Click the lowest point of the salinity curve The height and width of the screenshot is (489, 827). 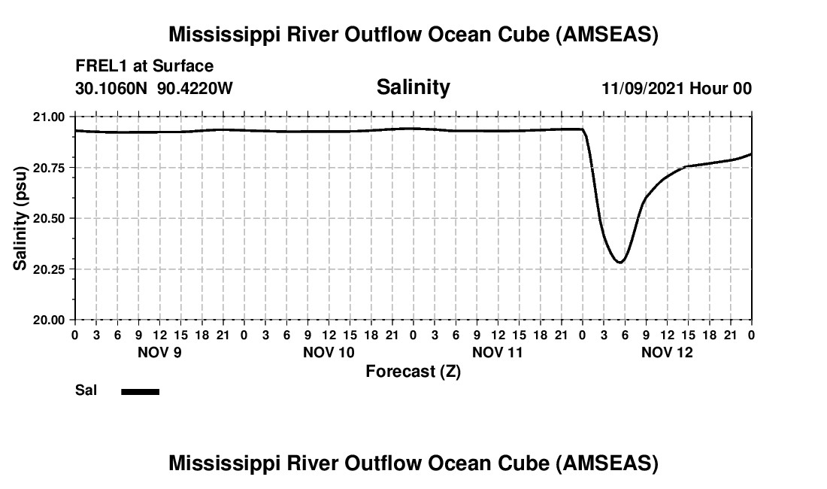(619, 263)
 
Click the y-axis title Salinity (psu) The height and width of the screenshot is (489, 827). (20, 218)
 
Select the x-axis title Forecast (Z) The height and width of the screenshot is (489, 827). (413, 371)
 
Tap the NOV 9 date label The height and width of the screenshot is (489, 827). (159, 352)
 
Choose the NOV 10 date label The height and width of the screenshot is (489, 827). (328, 352)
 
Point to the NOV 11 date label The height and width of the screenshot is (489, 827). (498, 352)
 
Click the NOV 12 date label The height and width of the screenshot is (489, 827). (667, 352)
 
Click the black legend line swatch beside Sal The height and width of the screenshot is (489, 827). (140, 391)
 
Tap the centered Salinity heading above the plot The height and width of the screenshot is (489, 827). (413, 87)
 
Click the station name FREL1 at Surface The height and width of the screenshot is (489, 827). (144, 66)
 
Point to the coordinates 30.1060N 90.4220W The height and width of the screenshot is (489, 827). (154, 89)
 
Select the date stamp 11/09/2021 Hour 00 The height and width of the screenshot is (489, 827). (676, 89)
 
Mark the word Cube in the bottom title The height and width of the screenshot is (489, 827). (518, 463)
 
